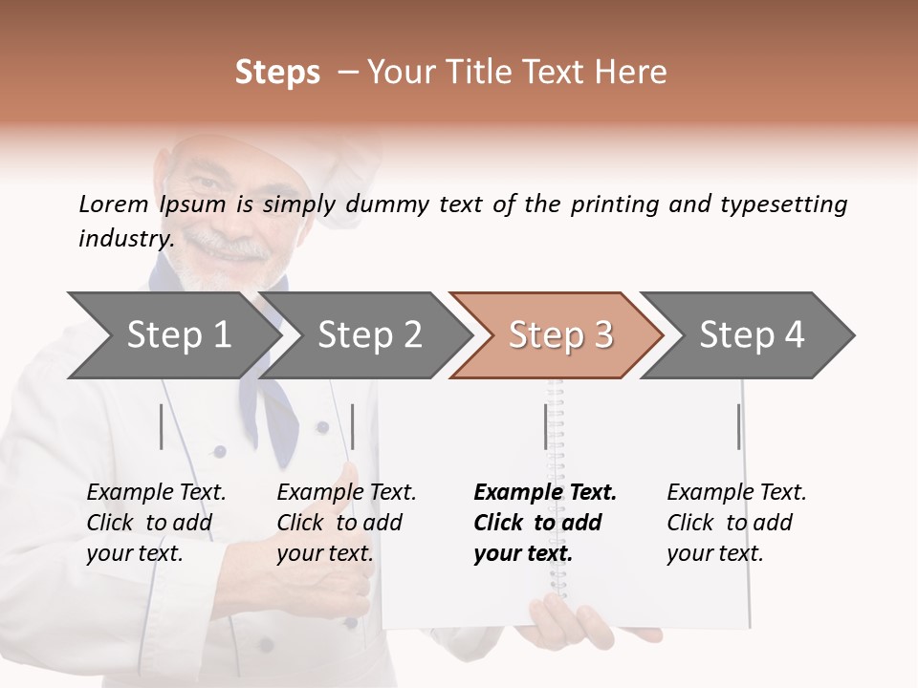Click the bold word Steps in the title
click(277, 73)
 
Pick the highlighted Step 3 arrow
click(560, 335)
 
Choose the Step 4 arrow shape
click(752, 335)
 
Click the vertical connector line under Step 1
click(162, 426)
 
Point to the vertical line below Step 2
click(353, 426)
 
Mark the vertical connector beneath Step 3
click(546, 426)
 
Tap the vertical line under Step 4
click(738, 426)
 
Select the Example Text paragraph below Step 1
click(156, 523)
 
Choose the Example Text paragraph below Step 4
click(736, 523)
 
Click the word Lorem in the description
click(114, 204)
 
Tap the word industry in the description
click(125, 238)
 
